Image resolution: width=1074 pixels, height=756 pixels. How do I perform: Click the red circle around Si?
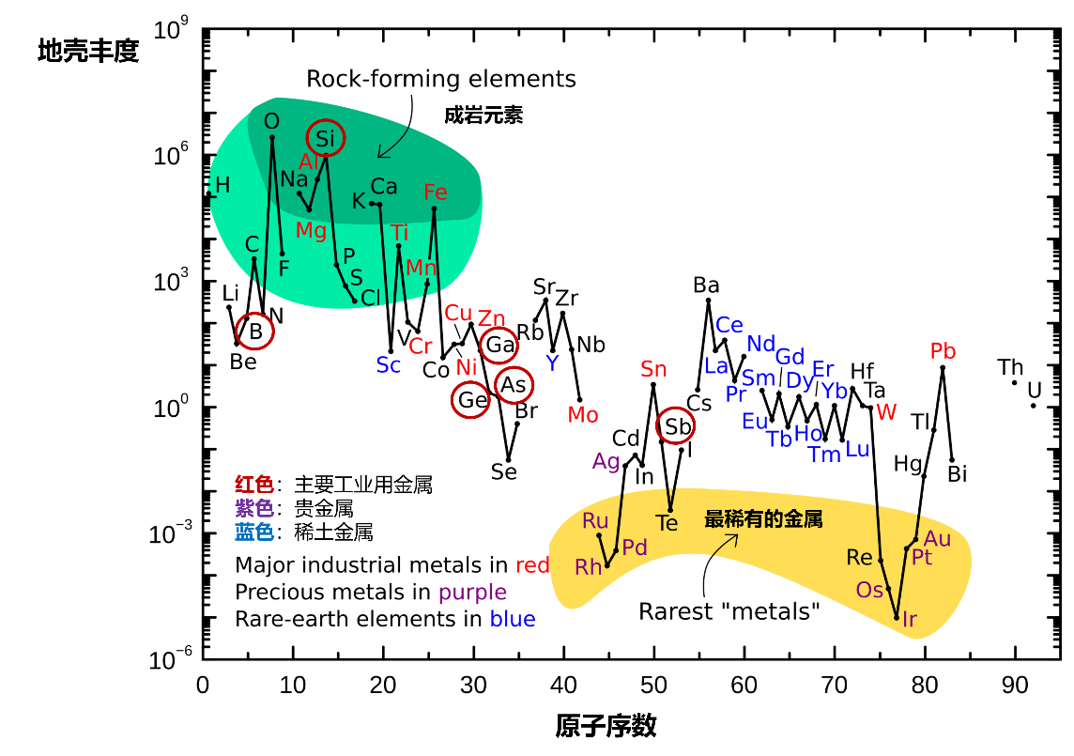click(x=326, y=138)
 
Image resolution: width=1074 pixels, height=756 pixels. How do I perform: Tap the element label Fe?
click(x=436, y=193)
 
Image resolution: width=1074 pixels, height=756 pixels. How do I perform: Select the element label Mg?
click(x=311, y=230)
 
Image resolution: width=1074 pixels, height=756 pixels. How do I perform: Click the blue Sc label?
click(x=389, y=365)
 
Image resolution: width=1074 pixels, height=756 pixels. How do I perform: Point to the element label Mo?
click(x=583, y=415)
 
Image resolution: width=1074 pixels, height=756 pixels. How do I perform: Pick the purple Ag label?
click(x=606, y=461)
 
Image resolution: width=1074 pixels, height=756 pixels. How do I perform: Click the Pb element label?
click(x=943, y=351)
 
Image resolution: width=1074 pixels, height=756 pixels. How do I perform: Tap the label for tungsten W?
click(x=886, y=412)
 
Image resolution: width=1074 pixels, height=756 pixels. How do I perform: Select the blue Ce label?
click(x=729, y=325)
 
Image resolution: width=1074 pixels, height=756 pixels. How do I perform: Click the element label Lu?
click(x=857, y=450)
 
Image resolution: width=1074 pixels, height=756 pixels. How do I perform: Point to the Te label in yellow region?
click(x=667, y=523)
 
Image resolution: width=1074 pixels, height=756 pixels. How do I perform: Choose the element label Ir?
click(x=910, y=619)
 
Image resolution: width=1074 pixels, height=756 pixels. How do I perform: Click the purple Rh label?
click(x=589, y=567)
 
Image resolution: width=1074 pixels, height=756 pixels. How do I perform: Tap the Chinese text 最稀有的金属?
click(x=763, y=519)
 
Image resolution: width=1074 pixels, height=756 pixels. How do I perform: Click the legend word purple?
click(x=472, y=593)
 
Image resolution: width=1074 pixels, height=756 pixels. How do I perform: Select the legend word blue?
click(x=513, y=619)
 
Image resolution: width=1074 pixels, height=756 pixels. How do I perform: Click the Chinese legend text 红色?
click(x=253, y=485)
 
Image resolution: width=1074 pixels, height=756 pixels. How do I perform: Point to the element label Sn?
click(x=653, y=369)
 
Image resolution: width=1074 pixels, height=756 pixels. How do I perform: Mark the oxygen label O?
click(x=271, y=122)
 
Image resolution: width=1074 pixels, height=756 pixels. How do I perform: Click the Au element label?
click(x=937, y=539)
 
